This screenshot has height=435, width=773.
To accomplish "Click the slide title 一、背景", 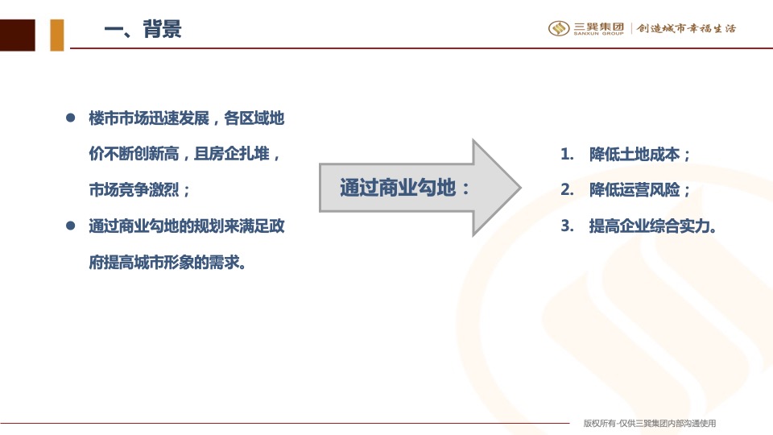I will pos(143,30).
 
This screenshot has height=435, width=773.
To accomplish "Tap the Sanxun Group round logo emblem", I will pos(559,29).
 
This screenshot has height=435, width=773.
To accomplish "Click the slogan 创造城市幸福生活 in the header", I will pos(686,29).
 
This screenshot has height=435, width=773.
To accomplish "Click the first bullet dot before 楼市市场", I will pos(70,118).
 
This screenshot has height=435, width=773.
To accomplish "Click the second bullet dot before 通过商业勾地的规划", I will pos(70,226).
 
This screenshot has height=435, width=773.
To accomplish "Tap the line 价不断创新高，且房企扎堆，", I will pos(185,155).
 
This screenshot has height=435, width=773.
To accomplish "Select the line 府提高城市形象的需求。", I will pos(167,263).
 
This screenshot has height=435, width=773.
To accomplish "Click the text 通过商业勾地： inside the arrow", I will pos(405,188).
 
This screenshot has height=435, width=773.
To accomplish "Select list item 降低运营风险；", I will pos(640,191).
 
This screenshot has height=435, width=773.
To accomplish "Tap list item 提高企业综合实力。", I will pos(653,226).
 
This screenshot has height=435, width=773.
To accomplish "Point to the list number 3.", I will pos(566,226).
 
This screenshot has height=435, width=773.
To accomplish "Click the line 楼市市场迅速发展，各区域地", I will pos(186,118).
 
